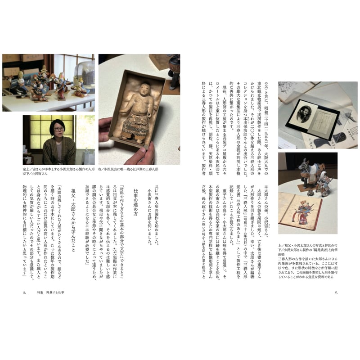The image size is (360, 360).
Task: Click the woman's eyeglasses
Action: click(x=58, y=129)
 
